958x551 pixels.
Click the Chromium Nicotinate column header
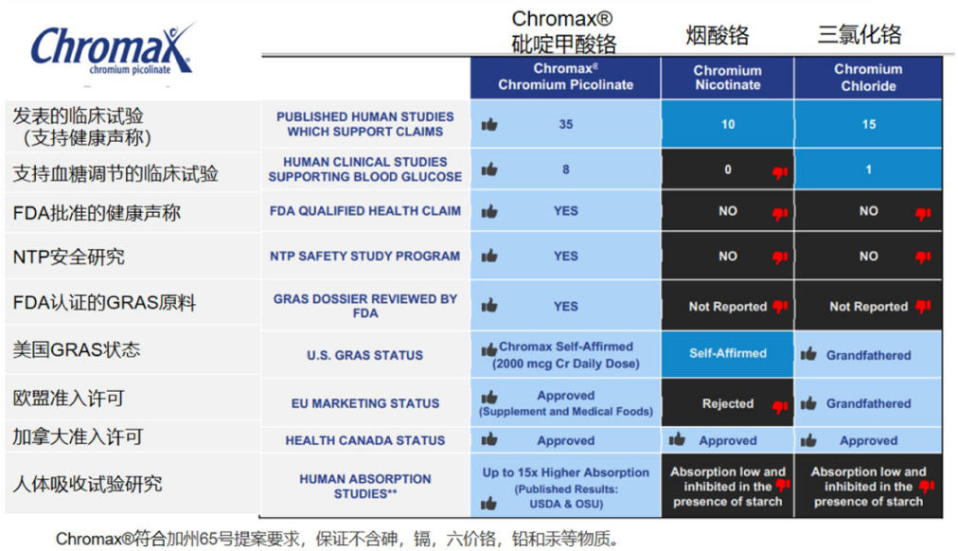point(727,78)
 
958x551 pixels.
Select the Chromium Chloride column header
point(868,77)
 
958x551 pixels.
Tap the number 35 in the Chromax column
point(566,124)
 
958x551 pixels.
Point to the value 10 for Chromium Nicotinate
point(727,124)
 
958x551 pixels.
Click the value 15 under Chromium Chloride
point(868,124)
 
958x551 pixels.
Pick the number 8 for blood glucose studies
point(566,169)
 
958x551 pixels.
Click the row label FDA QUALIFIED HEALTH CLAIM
point(365,211)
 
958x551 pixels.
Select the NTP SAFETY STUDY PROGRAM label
point(365,256)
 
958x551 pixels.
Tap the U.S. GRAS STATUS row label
point(365,356)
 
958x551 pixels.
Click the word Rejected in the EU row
point(727,403)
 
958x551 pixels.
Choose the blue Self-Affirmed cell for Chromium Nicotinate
point(727,353)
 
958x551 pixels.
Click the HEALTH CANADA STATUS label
point(365,440)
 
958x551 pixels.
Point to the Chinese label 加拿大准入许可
point(78,437)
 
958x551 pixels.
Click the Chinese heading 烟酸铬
point(717,36)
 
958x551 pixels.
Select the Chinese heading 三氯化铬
point(859,36)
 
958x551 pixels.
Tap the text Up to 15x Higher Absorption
point(566,472)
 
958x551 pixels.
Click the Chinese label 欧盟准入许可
point(68,398)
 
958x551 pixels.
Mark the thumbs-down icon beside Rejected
point(780,407)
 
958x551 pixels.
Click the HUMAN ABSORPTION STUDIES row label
point(365,486)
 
